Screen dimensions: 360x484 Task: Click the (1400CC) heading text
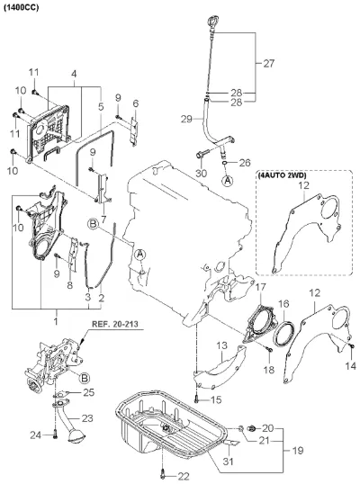22,7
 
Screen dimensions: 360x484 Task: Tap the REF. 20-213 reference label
115,324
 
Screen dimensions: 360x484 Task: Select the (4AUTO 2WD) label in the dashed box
282,175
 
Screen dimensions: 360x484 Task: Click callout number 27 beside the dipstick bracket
268,64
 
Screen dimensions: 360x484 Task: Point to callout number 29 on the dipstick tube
186,119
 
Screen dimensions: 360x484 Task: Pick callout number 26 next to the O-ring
245,163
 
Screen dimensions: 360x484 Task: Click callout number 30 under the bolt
202,173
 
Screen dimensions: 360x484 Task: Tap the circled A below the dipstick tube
229,181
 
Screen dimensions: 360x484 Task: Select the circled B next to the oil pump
85,378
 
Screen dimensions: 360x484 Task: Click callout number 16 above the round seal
283,304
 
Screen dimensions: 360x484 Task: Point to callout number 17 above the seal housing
260,287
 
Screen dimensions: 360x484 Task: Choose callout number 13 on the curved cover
222,345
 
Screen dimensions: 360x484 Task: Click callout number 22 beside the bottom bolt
184,477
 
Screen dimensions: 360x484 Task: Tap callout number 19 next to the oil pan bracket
298,451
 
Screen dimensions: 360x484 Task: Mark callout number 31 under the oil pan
228,462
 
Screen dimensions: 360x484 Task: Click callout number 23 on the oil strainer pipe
87,418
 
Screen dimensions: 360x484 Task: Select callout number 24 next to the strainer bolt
36,435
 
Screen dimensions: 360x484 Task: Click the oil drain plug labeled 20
252,428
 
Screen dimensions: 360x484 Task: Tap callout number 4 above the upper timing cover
74,74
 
